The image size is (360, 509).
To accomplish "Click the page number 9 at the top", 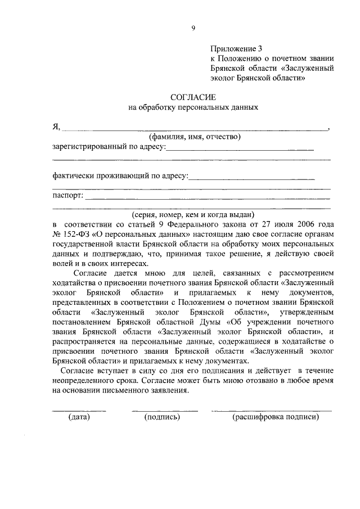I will [x=192, y=28].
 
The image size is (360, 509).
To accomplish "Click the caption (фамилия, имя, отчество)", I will [x=195, y=137].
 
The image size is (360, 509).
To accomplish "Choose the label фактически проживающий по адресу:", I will [x=119, y=176].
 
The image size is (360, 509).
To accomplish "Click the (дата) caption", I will [x=79, y=417].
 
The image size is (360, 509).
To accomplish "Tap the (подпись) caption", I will [x=161, y=417].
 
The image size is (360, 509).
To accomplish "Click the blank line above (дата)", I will [x=79, y=411].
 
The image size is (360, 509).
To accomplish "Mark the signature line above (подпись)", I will [x=164, y=411].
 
